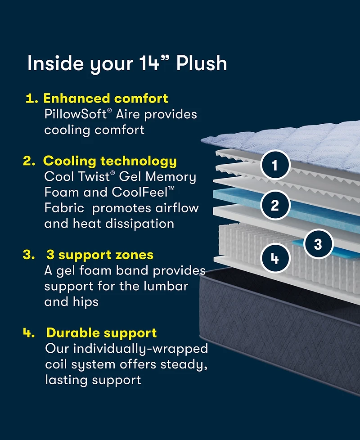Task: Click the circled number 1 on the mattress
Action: (x=275, y=166)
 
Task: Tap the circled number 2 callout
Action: (x=275, y=205)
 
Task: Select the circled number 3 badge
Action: (x=318, y=244)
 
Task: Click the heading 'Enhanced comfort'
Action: (x=105, y=98)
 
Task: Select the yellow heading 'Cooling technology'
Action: (x=110, y=161)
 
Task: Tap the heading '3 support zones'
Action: (x=100, y=255)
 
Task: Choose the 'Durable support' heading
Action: (x=102, y=333)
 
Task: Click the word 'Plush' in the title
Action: (x=201, y=63)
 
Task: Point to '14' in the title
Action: (x=149, y=63)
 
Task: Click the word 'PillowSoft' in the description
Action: (x=76, y=114)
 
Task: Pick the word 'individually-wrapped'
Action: (x=140, y=349)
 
